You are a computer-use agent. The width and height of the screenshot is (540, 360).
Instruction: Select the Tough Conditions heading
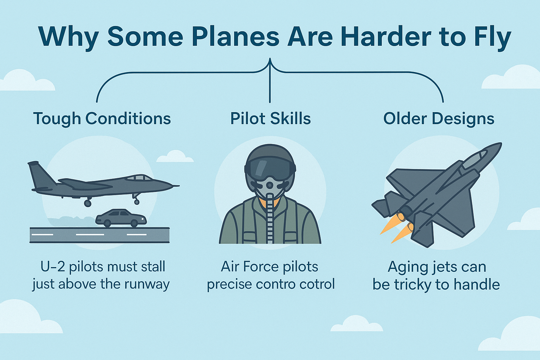[102, 118]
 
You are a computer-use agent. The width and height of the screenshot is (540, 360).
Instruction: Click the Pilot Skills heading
[270, 118]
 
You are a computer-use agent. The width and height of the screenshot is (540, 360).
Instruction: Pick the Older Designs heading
[439, 118]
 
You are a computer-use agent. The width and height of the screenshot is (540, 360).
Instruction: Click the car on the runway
[121, 218]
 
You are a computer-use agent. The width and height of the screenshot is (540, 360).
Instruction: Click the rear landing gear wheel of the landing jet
[88, 203]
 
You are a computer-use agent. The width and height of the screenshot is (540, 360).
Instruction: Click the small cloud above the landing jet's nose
[175, 156]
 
